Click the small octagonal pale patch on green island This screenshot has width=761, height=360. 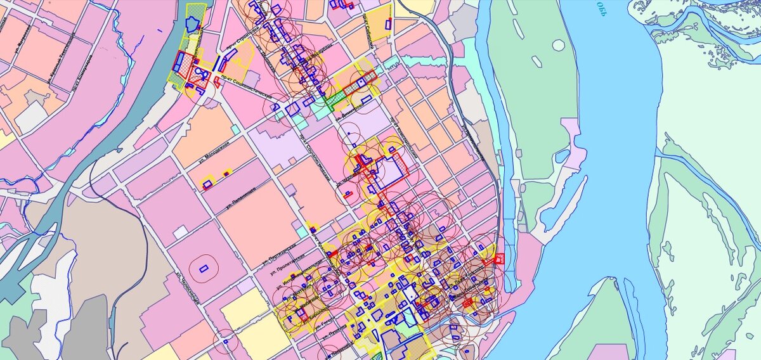click(x=558, y=45)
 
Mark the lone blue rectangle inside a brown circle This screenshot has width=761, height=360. click(x=204, y=268)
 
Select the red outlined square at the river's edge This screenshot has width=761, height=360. click(x=499, y=258)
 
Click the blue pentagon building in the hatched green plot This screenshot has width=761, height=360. click(x=192, y=23)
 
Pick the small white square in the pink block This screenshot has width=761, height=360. click(x=181, y=232)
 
